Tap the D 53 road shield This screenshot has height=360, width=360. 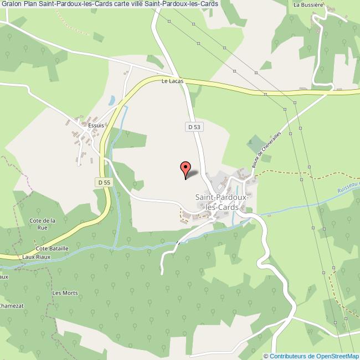tap(193, 127)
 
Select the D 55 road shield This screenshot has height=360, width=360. tap(103, 182)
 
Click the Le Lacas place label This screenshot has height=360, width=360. tap(172, 81)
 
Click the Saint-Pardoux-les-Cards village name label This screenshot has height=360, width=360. tap(221, 202)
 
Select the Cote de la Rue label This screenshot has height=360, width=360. tap(46, 223)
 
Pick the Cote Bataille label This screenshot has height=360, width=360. tap(52, 249)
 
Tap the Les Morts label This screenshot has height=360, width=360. tap(65, 293)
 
